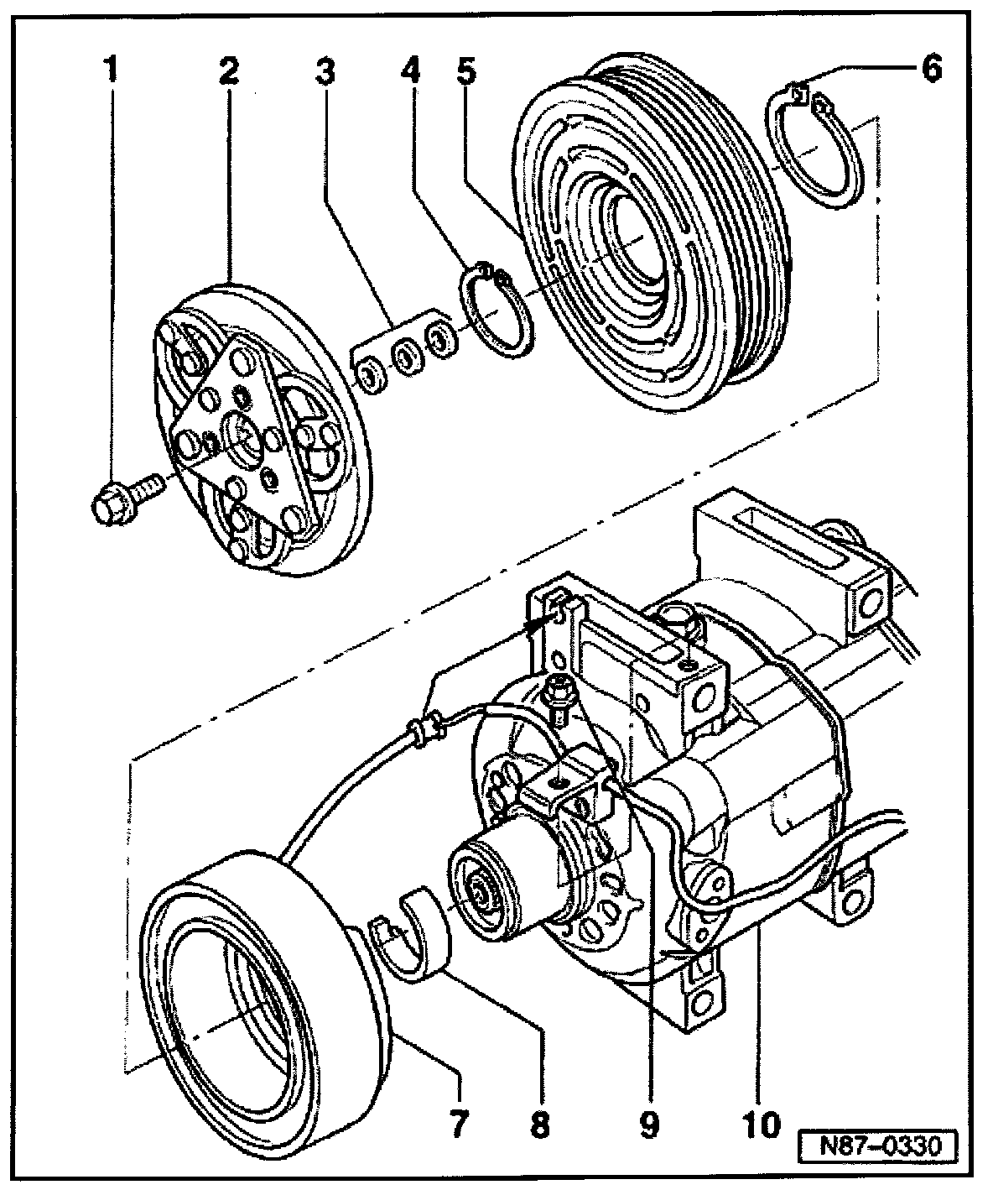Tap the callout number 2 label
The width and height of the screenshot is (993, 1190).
click(227, 69)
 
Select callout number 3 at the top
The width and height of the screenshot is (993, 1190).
click(325, 70)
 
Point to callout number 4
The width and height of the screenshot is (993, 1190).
click(410, 69)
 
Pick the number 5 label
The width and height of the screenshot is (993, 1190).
click(467, 69)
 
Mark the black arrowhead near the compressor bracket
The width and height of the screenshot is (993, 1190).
click(545, 622)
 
